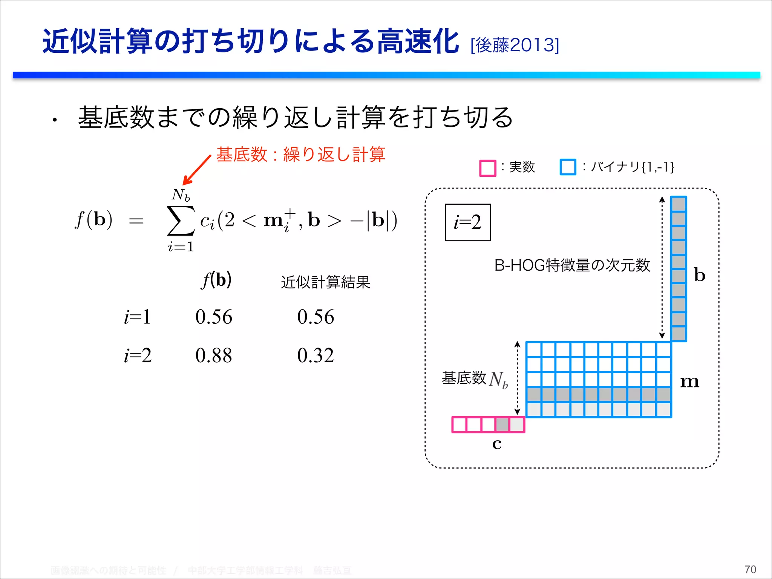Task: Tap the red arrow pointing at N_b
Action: click(x=196, y=170)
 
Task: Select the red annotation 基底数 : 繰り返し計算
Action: click(x=300, y=155)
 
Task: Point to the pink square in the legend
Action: click(x=487, y=168)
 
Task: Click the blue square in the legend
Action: click(x=568, y=167)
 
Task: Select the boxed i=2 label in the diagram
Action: click(x=468, y=222)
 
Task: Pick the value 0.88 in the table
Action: click(x=214, y=355)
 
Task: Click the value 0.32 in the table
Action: click(x=316, y=355)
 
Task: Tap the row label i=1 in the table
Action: click(x=138, y=317)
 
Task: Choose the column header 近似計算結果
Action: click(x=326, y=282)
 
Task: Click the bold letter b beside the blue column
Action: click(x=700, y=275)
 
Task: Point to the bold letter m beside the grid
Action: click(x=689, y=382)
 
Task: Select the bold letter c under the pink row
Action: click(x=497, y=444)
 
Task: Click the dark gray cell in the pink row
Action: click(x=502, y=424)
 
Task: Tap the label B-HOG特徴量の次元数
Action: click(x=572, y=265)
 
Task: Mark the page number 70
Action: click(x=750, y=569)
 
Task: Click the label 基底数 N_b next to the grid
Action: click(x=475, y=378)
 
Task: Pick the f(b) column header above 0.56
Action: click(x=216, y=280)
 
